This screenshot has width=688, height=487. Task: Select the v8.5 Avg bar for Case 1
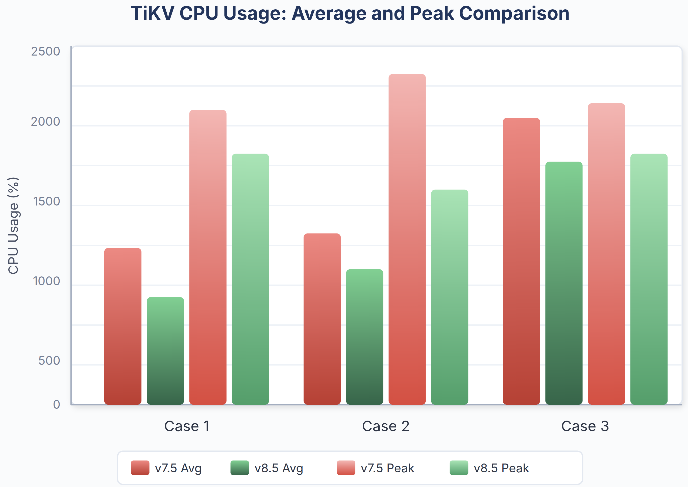(x=165, y=351)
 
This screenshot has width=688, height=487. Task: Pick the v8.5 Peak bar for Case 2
(x=450, y=297)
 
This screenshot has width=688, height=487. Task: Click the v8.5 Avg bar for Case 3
(x=564, y=283)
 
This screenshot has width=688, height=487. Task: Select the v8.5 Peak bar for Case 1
(x=251, y=279)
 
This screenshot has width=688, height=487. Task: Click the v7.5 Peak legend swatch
(x=346, y=468)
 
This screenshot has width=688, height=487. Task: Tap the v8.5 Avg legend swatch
(x=240, y=468)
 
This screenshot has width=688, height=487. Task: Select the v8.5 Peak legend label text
(x=501, y=468)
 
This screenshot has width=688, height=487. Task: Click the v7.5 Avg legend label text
(x=178, y=468)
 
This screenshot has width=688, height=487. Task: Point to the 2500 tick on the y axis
(x=45, y=52)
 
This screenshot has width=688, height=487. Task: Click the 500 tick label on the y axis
(x=49, y=361)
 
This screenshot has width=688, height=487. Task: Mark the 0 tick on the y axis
(x=56, y=404)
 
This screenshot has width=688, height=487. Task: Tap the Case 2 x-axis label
(x=386, y=426)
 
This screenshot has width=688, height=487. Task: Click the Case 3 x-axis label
(x=585, y=426)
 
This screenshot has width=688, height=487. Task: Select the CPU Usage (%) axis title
(x=13, y=225)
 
